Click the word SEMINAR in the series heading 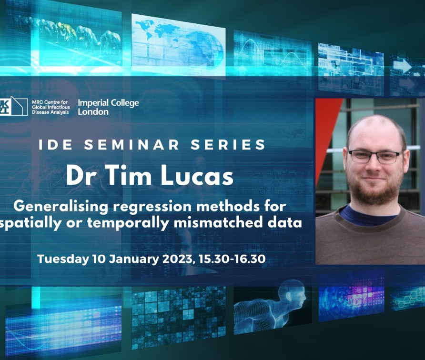(x=132, y=144)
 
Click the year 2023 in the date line (x=178, y=259)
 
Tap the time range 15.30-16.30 (x=232, y=259)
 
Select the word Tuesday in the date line (x=63, y=259)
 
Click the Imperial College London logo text (x=108, y=107)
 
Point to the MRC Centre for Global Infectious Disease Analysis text (x=51, y=107)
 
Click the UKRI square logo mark (x=13, y=106)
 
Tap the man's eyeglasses (x=375, y=156)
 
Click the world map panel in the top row (x=178, y=44)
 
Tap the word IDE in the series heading (x=56, y=144)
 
